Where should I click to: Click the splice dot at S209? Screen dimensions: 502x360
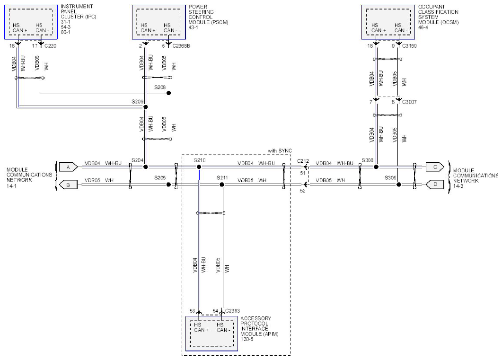[145, 107]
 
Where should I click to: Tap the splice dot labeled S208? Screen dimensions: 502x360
[169, 93]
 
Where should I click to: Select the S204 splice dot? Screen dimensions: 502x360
[145, 167]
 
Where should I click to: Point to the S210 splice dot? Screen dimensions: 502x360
[199, 167]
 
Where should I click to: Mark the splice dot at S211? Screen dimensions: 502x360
[222, 184]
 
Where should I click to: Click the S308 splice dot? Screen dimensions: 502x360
[376, 167]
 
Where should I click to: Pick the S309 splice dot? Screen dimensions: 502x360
[398, 184]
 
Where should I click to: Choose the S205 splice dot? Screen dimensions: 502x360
[169, 184]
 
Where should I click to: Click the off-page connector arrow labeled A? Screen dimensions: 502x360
[68, 167]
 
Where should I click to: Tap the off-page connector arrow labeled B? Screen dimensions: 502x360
[68, 185]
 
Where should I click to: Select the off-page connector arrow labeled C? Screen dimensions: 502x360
[435, 167]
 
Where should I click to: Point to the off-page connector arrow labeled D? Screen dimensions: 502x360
[435, 184]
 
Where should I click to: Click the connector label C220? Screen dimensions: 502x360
[50, 46]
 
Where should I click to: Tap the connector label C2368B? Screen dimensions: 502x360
[181, 46]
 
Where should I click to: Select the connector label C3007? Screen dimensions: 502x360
[409, 102]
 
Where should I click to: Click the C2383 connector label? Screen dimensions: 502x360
[232, 311]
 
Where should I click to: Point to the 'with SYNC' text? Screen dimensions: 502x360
[280, 151]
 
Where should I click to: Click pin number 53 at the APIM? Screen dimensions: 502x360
[193, 311]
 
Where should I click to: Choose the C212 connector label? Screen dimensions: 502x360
[303, 161]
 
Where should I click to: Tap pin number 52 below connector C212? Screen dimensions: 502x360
[302, 191]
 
